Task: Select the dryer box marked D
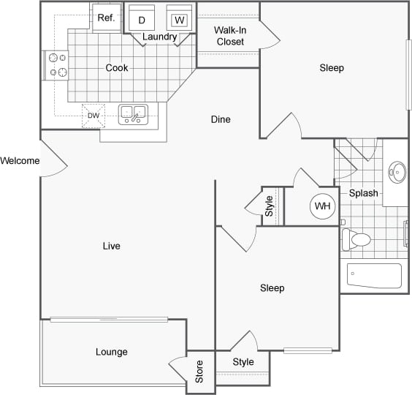[x=142, y=20]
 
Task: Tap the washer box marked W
[x=179, y=20]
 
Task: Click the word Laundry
[x=159, y=37]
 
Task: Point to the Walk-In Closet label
[x=229, y=36]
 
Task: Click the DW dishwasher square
[x=94, y=116]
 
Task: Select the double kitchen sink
[x=133, y=113]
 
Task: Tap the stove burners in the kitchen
[x=57, y=64]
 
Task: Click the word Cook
[x=117, y=68]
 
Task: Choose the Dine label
[x=221, y=119]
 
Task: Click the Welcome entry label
[x=20, y=161]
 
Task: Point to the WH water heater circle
[x=322, y=206]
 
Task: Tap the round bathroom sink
[x=397, y=173]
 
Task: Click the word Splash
[x=363, y=194]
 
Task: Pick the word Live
[x=111, y=247]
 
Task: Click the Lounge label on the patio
[x=111, y=352]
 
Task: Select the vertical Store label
[x=199, y=371]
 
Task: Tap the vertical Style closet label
[x=269, y=206]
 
